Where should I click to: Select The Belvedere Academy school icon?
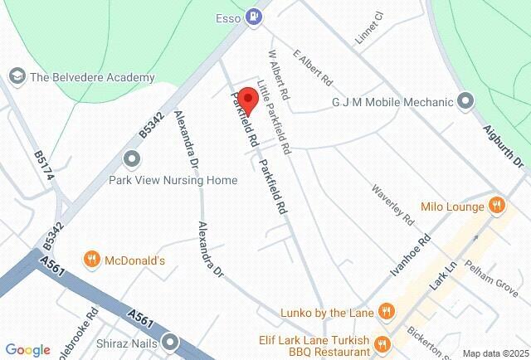tap(16, 76)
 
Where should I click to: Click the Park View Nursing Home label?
tap(173, 180)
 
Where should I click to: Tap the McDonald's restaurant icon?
tap(93, 260)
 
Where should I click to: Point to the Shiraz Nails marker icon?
tap(171, 341)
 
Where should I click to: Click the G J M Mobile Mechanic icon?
tap(465, 102)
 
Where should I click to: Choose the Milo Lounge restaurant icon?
tap(496, 206)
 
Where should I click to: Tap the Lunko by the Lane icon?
tap(385, 312)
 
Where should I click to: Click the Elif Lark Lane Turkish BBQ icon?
tap(382, 343)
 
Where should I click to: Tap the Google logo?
tap(27, 350)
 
